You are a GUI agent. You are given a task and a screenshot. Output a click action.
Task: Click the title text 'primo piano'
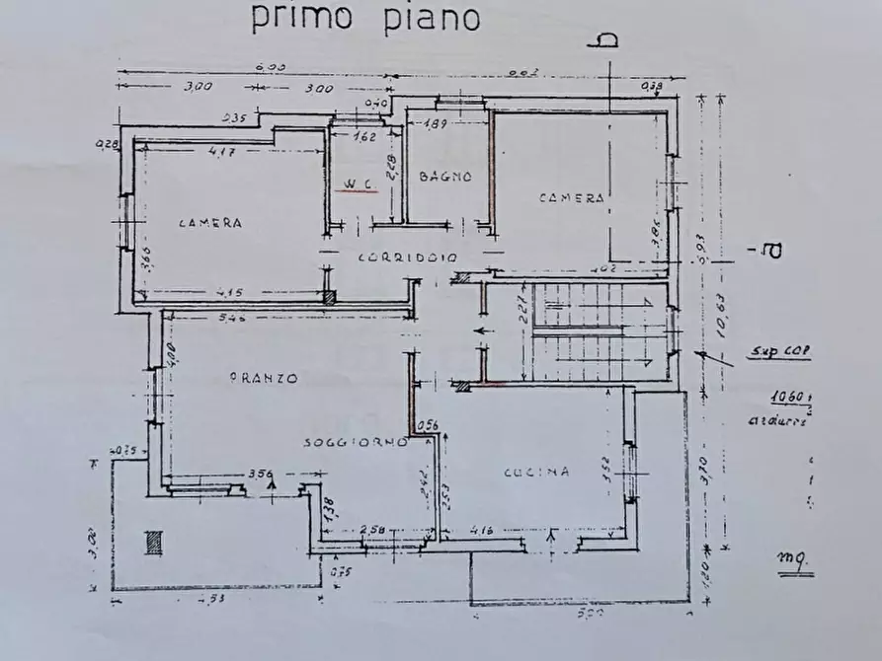tap(364, 17)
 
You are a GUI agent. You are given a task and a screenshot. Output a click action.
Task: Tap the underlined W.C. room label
tap(356, 184)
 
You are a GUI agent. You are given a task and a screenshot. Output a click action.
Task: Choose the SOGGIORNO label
tap(356, 443)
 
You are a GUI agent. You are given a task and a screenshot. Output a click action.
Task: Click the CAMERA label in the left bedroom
tap(210, 223)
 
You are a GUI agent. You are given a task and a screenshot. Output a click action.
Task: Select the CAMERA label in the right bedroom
tap(571, 198)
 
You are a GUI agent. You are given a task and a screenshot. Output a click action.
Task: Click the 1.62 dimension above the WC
tap(364, 137)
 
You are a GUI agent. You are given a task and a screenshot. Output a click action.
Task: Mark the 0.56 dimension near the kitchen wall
tap(429, 425)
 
